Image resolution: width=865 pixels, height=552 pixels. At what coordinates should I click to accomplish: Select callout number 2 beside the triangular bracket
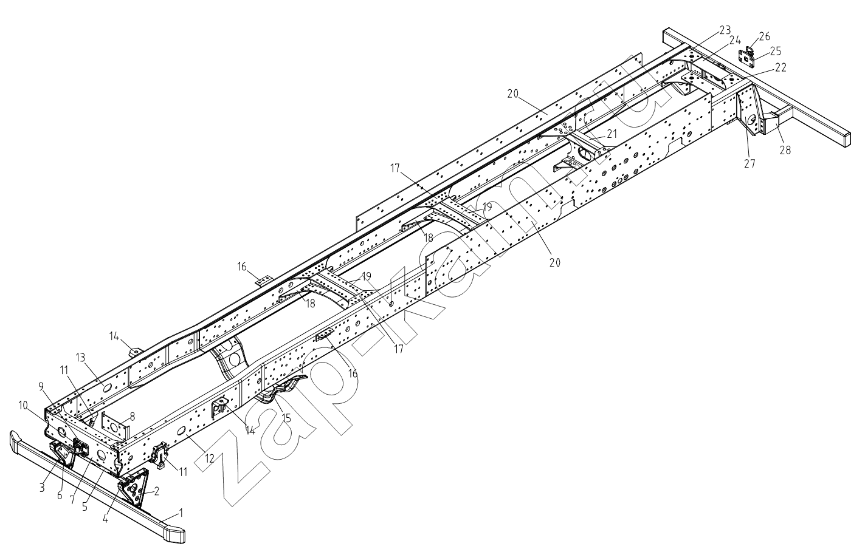pyautogui.click(x=156, y=491)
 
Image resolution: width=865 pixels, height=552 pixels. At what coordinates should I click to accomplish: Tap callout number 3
pyautogui.click(x=42, y=488)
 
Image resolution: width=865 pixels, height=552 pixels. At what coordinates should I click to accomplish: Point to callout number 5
pyautogui.click(x=84, y=506)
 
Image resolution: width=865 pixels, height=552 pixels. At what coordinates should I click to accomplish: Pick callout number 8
pyautogui.click(x=133, y=416)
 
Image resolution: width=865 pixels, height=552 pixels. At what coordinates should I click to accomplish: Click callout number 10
pyautogui.click(x=22, y=406)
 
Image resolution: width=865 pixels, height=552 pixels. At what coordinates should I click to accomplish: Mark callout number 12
pyautogui.click(x=209, y=458)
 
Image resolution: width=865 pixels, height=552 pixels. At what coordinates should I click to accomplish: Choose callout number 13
pyautogui.click(x=80, y=358)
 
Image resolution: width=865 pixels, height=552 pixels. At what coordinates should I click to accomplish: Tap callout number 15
pyautogui.click(x=286, y=418)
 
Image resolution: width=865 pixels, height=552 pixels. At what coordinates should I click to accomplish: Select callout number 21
pyautogui.click(x=612, y=134)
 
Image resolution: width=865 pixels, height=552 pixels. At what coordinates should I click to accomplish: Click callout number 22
pyautogui.click(x=780, y=67)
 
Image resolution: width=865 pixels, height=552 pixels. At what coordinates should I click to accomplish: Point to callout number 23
pyautogui.click(x=725, y=30)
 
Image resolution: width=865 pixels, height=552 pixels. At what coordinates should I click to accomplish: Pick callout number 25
pyautogui.click(x=775, y=51)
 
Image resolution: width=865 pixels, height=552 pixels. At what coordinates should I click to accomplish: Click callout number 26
pyautogui.click(x=765, y=36)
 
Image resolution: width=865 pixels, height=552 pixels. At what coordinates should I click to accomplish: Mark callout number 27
pyautogui.click(x=750, y=163)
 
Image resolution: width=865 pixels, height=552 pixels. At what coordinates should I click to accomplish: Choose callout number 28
pyautogui.click(x=785, y=150)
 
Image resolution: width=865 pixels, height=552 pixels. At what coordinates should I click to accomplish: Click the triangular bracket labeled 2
pyautogui.click(x=134, y=489)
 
